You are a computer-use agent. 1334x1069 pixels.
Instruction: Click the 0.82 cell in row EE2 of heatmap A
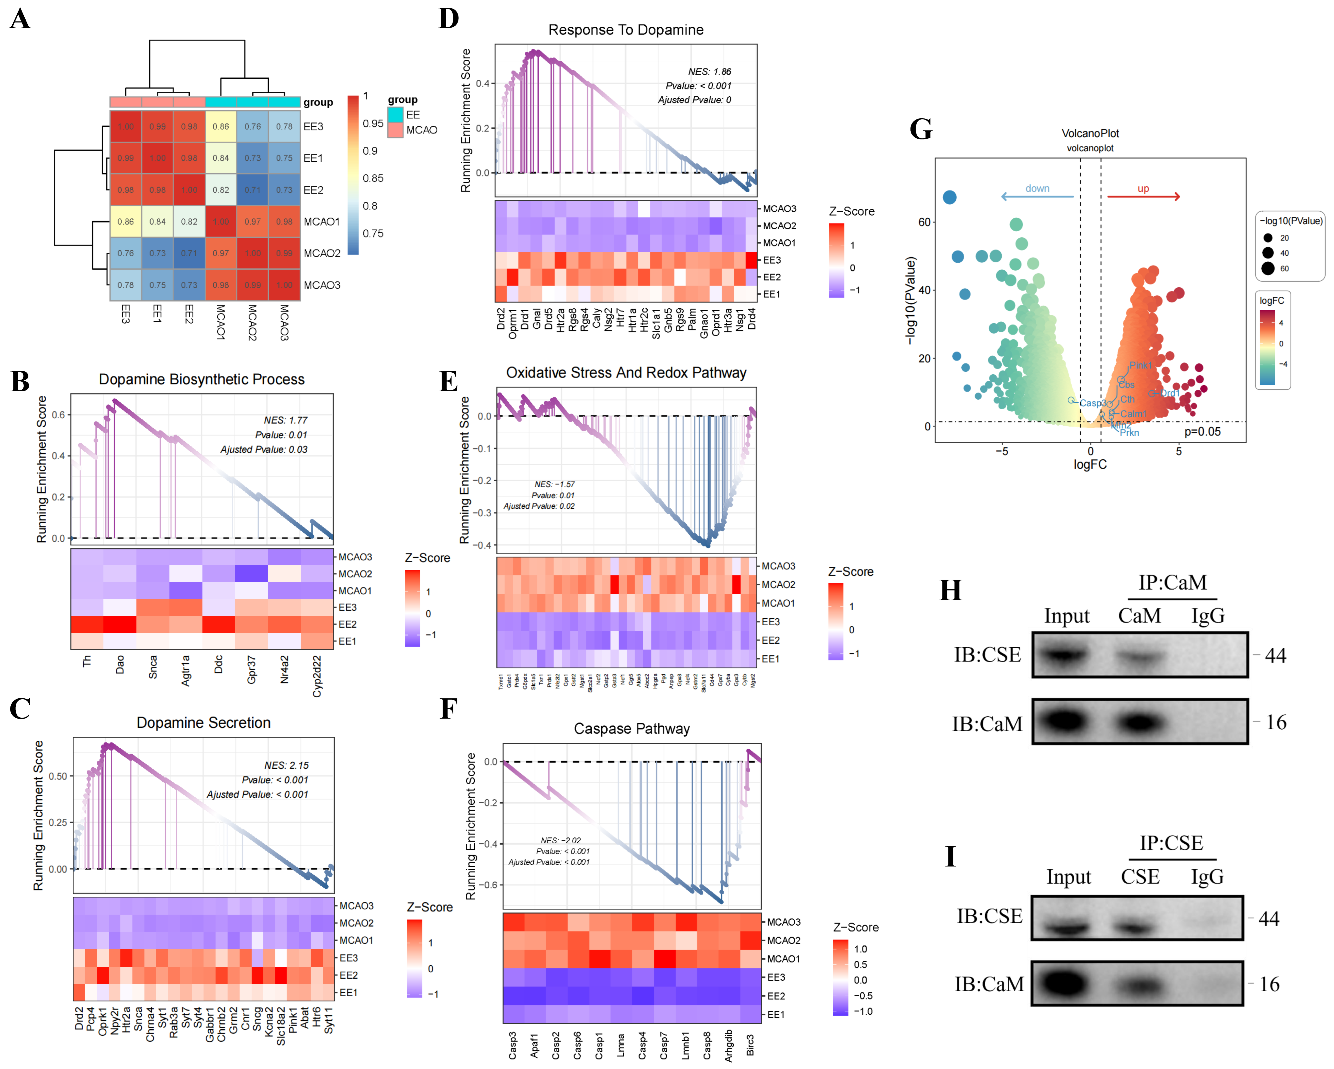(221, 190)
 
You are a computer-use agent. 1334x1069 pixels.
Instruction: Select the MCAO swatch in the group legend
(395, 130)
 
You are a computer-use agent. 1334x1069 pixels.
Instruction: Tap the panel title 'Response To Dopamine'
(626, 30)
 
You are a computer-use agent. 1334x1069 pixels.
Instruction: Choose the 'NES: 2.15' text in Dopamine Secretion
(286, 765)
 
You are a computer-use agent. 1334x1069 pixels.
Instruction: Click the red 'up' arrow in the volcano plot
(1143, 197)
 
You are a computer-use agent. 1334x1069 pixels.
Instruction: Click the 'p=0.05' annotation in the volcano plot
(1202, 432)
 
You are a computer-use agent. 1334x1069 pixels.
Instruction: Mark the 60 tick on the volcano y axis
(924, 222)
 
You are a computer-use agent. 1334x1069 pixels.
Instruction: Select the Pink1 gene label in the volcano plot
(1140, 365)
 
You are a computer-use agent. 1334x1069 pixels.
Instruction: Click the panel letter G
(921, 129)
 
